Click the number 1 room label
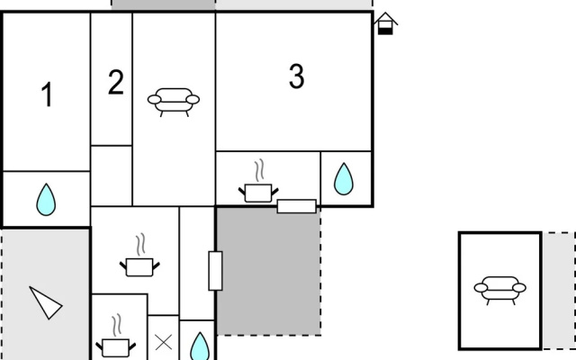pos(47,94)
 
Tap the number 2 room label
pos(116,82)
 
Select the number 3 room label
pos(297,76)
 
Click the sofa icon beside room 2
pos(174,102)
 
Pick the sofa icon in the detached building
pos(500,290)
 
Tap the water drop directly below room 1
pos(46,200)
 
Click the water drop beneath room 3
pos(344,179)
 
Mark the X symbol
pos(164,343)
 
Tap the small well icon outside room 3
pos(385,23)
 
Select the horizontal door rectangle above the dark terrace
pos(296,206)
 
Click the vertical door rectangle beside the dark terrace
pos(215,271)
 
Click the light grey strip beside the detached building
pos(559,290)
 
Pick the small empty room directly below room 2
pos(112,175)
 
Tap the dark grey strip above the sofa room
pos(163,4)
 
